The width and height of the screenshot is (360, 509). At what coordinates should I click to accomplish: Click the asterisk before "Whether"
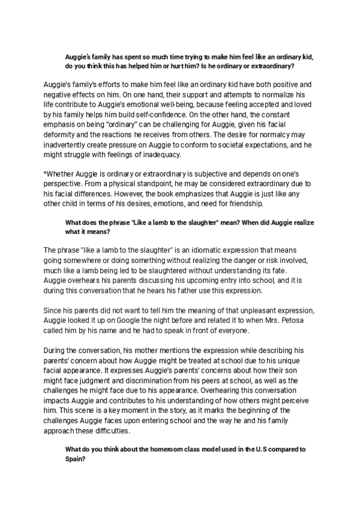pyautogui.click(x=46, y=173)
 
